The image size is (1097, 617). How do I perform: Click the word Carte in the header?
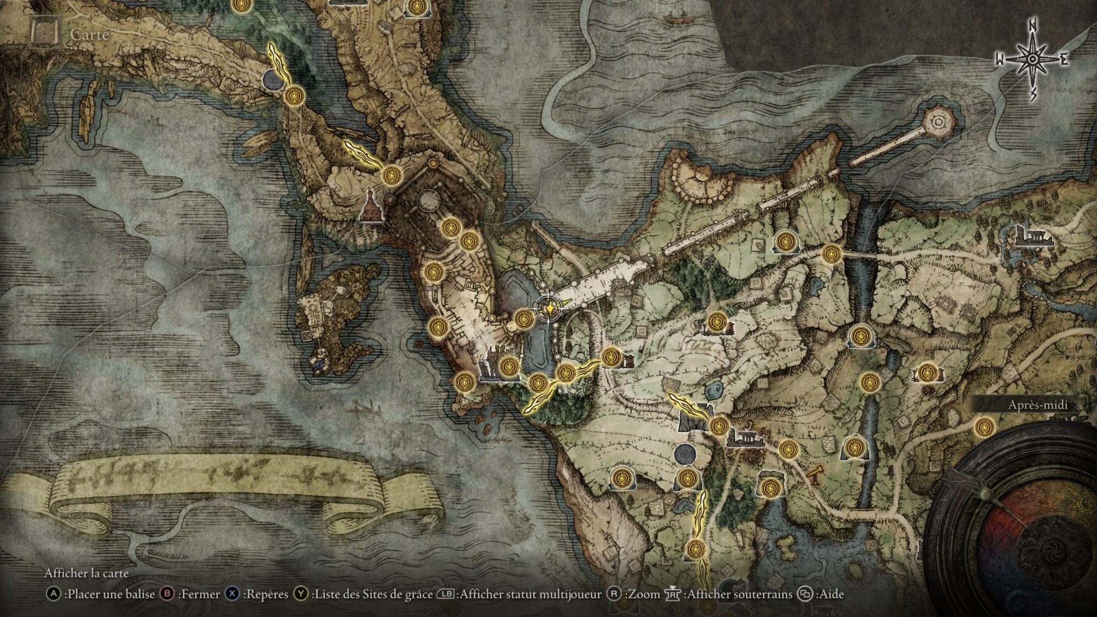click(x=89, y=35)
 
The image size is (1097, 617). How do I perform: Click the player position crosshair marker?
click(x=548, y=308)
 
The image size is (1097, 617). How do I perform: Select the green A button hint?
click(x=53, y=594)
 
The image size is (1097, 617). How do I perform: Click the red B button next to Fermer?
click(x=168, y=594)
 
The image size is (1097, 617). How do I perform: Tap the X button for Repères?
click(x=232, y=594)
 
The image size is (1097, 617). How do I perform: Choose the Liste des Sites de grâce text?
click(x=372, y=594)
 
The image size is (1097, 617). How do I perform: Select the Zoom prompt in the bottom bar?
click(x=635, y=594)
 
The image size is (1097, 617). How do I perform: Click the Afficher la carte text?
click(x=86, y=573)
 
